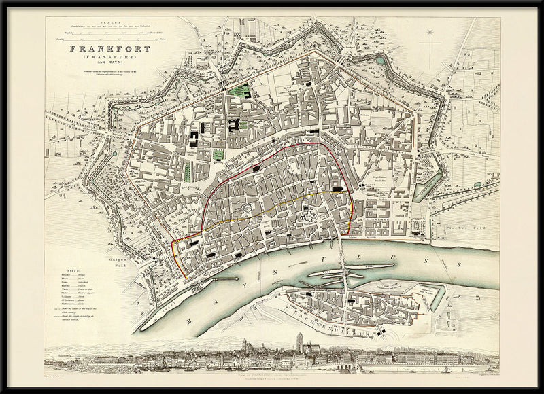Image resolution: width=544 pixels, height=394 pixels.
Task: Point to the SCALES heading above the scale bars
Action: [109, 22]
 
